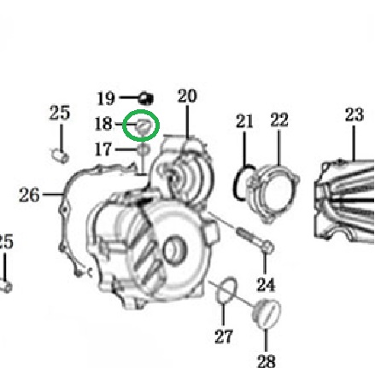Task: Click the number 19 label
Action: (x=106, y=98)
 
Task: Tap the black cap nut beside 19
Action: (x=146, y=98)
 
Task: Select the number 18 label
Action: (x=103, y=124)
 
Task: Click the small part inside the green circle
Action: (x=144, y=126)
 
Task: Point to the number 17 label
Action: (x=103, y=149)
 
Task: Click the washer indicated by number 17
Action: (x=144, y=149)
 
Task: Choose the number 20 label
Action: (x=187, y=96)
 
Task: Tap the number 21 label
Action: (x=244, y=121)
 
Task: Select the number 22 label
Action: (x=279, y=120)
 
